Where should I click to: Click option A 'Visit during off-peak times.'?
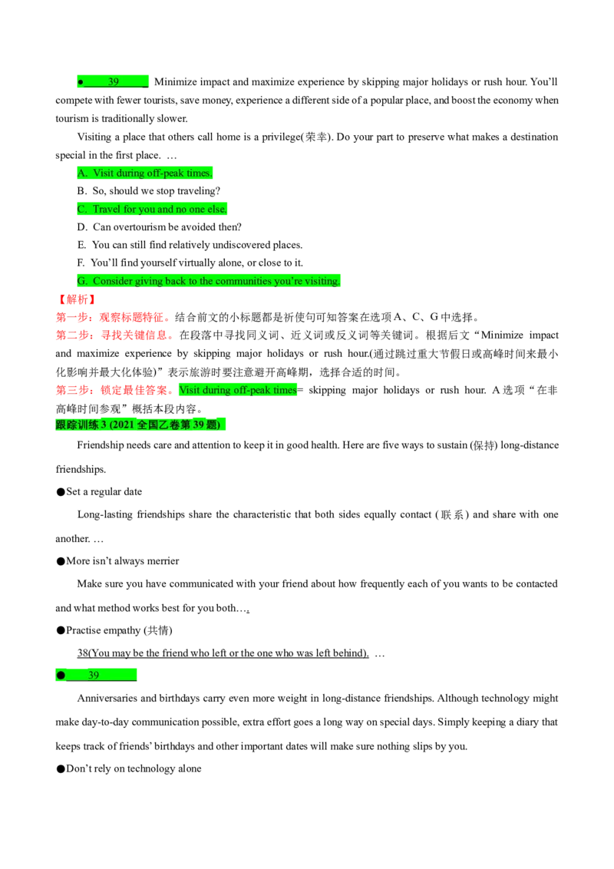(144, 173)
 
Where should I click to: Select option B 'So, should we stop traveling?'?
(149, 190)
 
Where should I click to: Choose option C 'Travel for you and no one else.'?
(152, 209)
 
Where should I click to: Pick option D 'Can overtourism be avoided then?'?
(159, 226)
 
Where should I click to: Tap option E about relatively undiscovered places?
(190, 245)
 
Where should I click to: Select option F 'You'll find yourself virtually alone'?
(190, 263)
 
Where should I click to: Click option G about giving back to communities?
(208, 281)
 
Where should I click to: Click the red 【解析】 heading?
(77, 299)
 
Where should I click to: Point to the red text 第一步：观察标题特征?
(110, 317)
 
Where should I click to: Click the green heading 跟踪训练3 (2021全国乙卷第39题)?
(140, 425)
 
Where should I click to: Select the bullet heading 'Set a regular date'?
(99, 491)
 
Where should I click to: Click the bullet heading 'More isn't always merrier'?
(117, 561)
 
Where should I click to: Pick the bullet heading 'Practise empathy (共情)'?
(114, 630)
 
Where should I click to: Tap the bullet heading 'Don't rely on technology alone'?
(129, 768)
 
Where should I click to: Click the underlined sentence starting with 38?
(223, 653)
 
